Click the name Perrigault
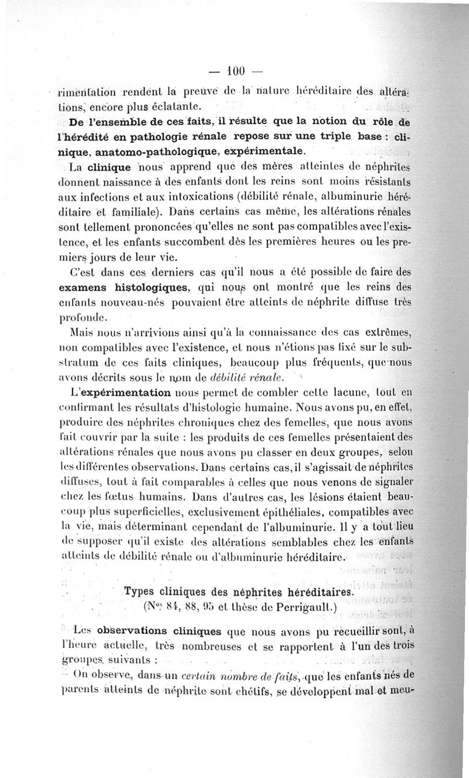pos(308,608)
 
